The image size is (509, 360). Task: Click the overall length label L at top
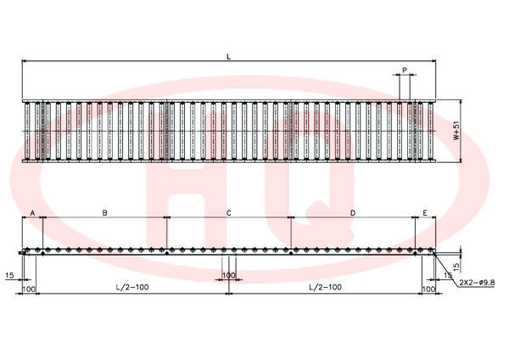tap(229, 57)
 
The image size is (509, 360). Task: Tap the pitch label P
tap(405, 70)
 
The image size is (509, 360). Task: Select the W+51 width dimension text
tap(456, 131)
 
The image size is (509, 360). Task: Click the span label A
tap(32, 213)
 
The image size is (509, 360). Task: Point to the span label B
tap(104, 213)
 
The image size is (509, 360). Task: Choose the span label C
tap(228, 213)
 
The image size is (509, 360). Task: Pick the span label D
tap(353, 213)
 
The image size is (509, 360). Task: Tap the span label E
tap(425, 213)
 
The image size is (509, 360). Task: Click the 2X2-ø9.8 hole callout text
tap(477, 283)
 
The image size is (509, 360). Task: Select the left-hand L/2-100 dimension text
tap(132, 287)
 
